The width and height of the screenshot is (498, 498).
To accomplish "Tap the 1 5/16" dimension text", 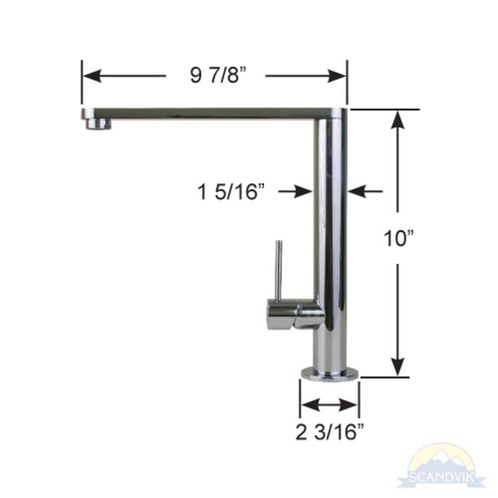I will [x=231, y=191].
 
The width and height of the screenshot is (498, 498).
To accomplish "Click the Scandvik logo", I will [x=440, y=466].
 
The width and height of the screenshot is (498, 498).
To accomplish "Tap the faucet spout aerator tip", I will [x=98, y=123].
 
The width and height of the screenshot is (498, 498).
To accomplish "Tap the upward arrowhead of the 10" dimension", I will [x=397, y=120].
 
